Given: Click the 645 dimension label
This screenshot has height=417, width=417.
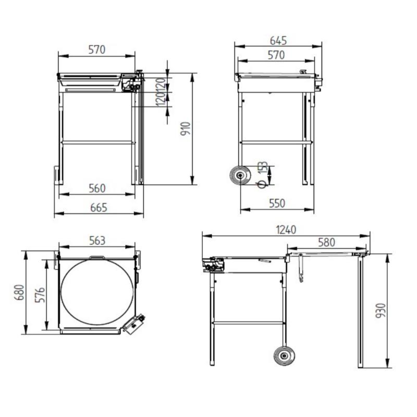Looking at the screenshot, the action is (x=278, y=41).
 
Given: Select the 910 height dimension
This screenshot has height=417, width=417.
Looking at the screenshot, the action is (x=186, y=129).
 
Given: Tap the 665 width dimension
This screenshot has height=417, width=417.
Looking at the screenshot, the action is (x=99, y=207).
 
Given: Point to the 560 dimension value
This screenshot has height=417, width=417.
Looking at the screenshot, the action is (x=97, y=188).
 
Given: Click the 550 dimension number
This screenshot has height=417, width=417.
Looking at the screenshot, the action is (x=277, y=203).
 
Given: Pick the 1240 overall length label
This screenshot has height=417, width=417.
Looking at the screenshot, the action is (x=286, y=230).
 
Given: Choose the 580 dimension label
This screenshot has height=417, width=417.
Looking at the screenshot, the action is (x=327, y=242).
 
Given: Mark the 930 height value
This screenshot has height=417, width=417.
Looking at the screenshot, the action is (x=381, y=310).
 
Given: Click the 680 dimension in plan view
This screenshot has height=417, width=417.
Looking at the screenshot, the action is (x=19, y=292).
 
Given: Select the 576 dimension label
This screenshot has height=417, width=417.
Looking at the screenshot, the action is (x=41, y=295).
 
